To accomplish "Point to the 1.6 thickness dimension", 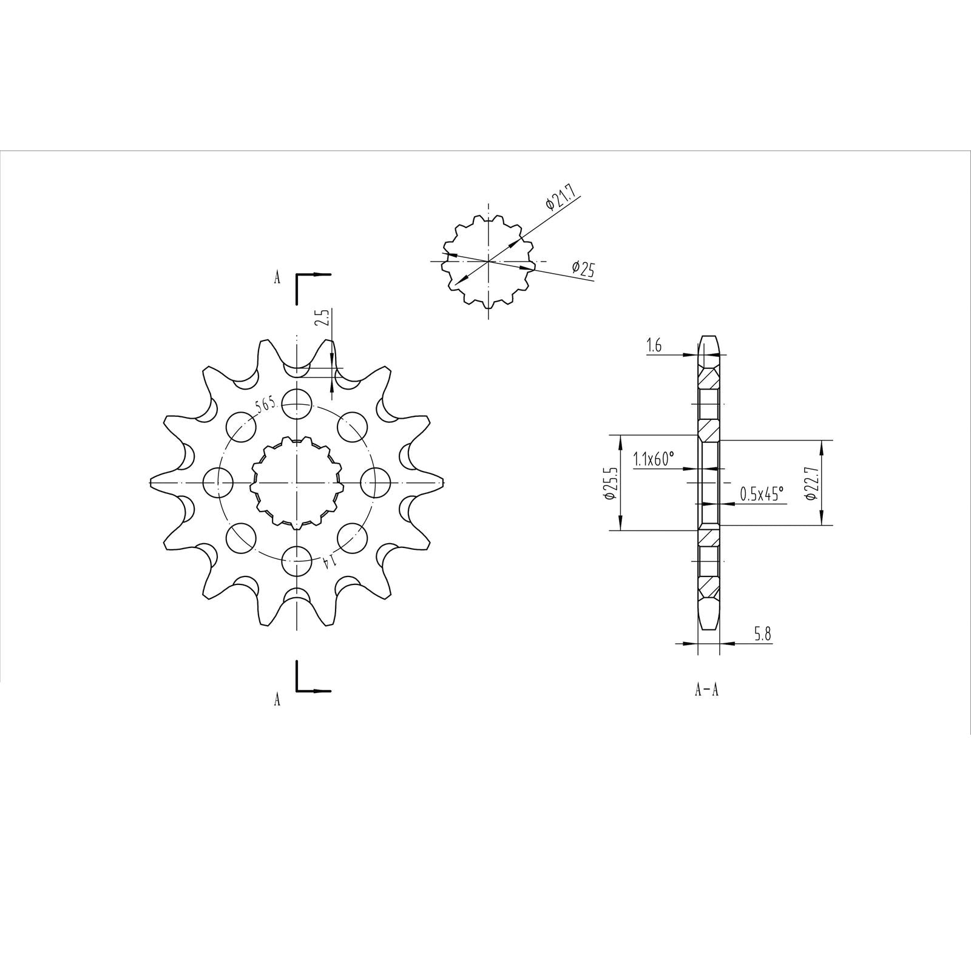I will (x=654, y=346).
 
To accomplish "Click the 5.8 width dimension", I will (x=762, y=635).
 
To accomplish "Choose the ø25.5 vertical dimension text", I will (x=610, y=482).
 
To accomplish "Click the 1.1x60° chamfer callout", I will (x=654, y=459).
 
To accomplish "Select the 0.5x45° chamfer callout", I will (x=762, y=495).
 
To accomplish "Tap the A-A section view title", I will (x=706, y=690).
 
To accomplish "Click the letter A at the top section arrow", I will (x=277, y=278).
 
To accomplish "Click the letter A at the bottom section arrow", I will (x=277, y=699).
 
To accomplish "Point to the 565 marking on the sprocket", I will (x=266, y=405).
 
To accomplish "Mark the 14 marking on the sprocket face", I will (x=328, y=562).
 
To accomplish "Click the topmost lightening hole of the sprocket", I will (x=297, y=404).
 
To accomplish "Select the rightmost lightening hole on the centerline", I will (x=375, y=483).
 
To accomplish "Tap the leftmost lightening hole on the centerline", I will (x=218, y=483).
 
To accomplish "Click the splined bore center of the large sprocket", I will (x=297, y=483).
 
